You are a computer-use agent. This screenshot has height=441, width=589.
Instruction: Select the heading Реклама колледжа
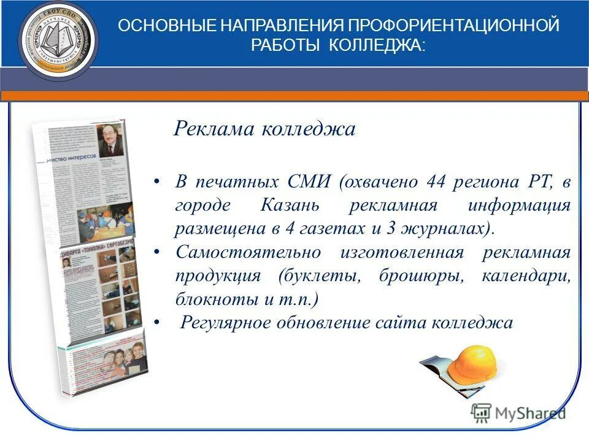[264, 129]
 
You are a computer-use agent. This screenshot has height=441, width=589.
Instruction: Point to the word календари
[526, 276]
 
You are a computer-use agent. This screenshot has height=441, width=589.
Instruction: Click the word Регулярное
[225, 323]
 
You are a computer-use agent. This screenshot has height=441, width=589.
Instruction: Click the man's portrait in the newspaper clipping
[110, 142]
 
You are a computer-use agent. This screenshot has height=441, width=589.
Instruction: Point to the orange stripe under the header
[294, 96]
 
